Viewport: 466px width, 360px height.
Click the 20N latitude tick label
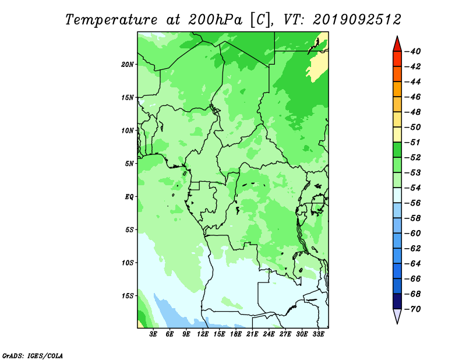(x=128, y=65)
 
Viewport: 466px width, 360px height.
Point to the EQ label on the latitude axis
(x=129, y=197)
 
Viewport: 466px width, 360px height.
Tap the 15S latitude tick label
(x=128, y=296)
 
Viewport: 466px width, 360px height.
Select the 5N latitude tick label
(x=129, y=164)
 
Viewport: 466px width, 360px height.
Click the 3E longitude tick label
(x=153, y=334)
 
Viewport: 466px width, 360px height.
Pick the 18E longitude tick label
(x=236, y=334)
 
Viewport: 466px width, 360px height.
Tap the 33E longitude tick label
(x=318, y=334)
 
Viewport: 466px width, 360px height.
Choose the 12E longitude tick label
(x=203, y=334)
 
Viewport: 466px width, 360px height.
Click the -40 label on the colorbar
(x=413, y=51)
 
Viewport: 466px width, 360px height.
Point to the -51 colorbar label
(x=413, y=142)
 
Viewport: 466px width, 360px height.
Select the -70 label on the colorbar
(x=413, y=309)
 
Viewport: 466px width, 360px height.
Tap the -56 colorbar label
(x=413, y=203)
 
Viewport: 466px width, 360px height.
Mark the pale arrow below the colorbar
(x=397, y=315)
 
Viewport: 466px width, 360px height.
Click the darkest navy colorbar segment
(x=397, y=301)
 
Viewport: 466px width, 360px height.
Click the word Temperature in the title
(x=111, y=20)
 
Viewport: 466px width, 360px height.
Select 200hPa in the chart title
(x=216, y=20)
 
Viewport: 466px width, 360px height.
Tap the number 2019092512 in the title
(x=357, y=20)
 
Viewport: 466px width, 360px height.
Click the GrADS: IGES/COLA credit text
(x=33, y=356)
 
